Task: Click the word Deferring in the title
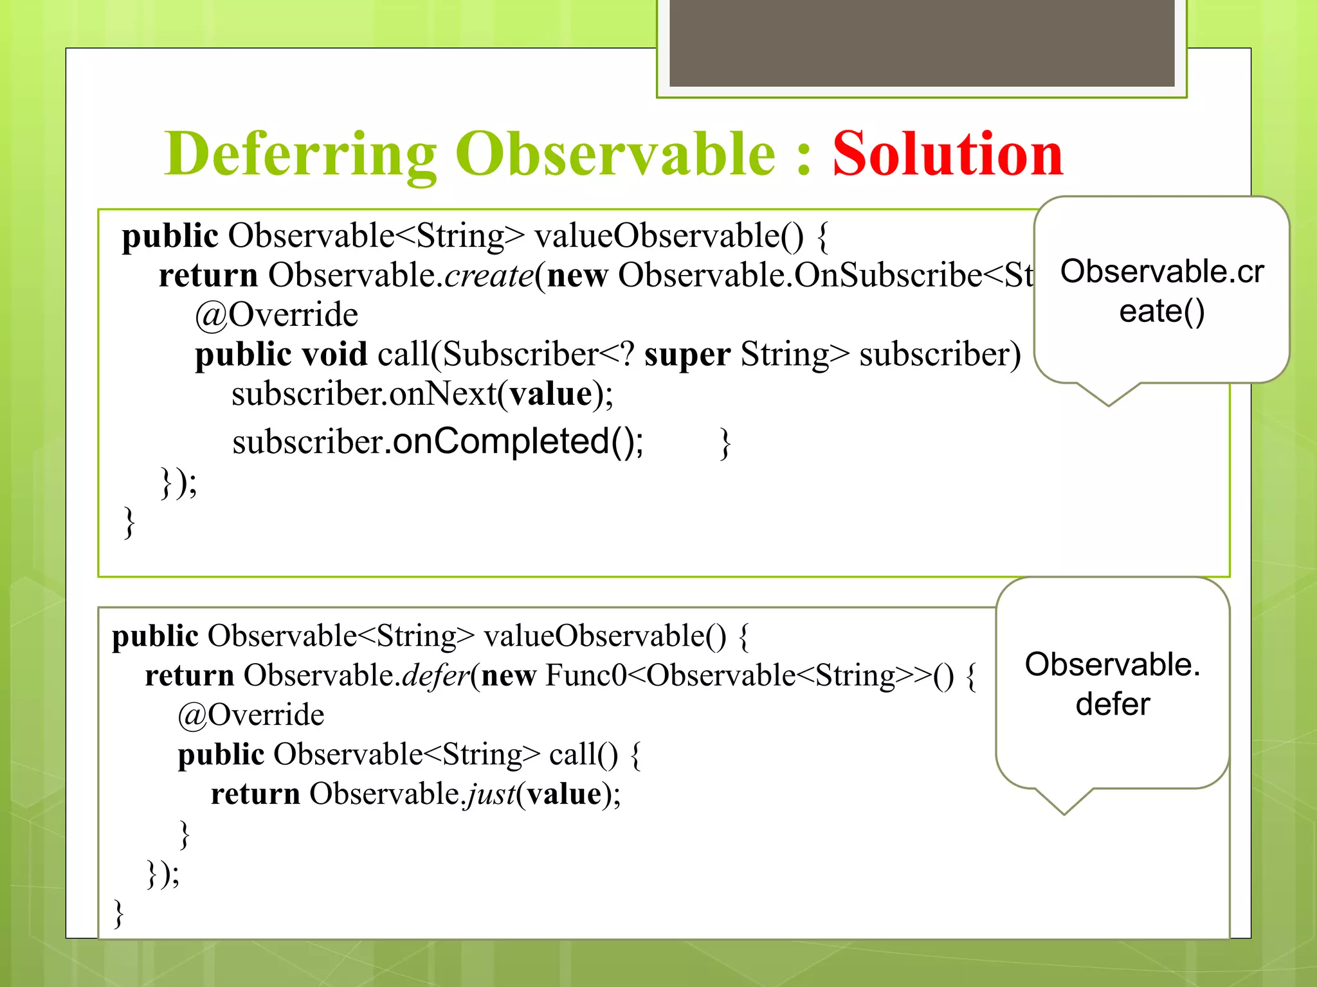[x=301, y=155]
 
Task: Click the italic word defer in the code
[x=436, y=676]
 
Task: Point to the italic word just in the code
[x=491, y=794]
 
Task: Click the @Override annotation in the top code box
[x=277, y=315]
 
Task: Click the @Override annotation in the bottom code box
[x=251, y=715]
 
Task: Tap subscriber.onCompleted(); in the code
[x=437, y=442]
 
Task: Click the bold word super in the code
[x=687, y=355]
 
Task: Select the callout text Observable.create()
[x=1161, y=291]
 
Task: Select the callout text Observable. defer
[x=1113, y=684]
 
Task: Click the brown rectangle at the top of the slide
[x=922, y=42]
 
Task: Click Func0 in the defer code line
[x=585, y=676]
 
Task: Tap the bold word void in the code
[x=334, y=355]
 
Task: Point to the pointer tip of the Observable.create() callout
[x=1108, y=405]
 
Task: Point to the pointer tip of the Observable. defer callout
[x=1064, y=813]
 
